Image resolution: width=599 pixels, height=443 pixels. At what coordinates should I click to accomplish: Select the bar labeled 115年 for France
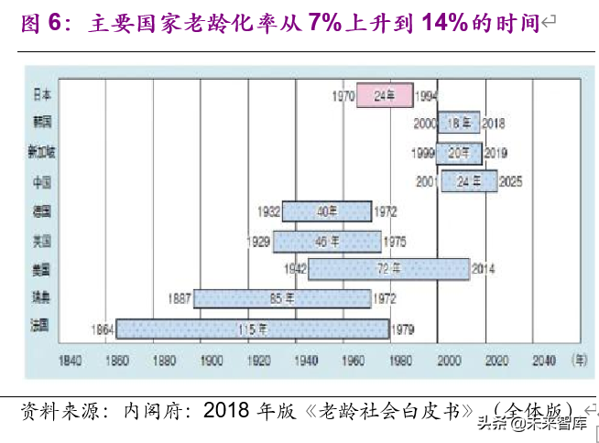(x=253, y=328)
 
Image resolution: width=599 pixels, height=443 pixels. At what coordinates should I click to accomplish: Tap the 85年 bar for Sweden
(x=282, y=298)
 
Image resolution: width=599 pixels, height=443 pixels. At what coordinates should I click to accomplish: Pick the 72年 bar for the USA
(x=389, y=269)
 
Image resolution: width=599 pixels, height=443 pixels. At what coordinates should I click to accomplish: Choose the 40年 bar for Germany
(x=327, y=211)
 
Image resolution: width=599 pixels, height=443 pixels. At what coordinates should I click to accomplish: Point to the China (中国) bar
(x=469, y=181)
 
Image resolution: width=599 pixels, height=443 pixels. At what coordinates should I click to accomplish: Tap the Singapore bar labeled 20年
(x=459, y=152)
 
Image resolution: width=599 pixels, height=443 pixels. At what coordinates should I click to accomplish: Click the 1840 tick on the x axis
(x=70, y=361)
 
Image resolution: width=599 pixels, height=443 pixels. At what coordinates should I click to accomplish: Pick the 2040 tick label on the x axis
(x=543, y=361)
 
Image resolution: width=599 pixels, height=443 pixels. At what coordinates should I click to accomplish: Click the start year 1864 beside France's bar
(x=102, y=329)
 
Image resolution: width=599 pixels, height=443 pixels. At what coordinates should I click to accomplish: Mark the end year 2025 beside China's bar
(x=511, y=182)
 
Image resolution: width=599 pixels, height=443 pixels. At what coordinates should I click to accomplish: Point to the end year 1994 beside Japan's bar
(x=427, y=95)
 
